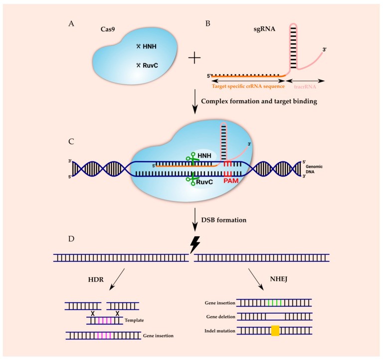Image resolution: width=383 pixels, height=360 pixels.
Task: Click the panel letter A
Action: tap(76, 24)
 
